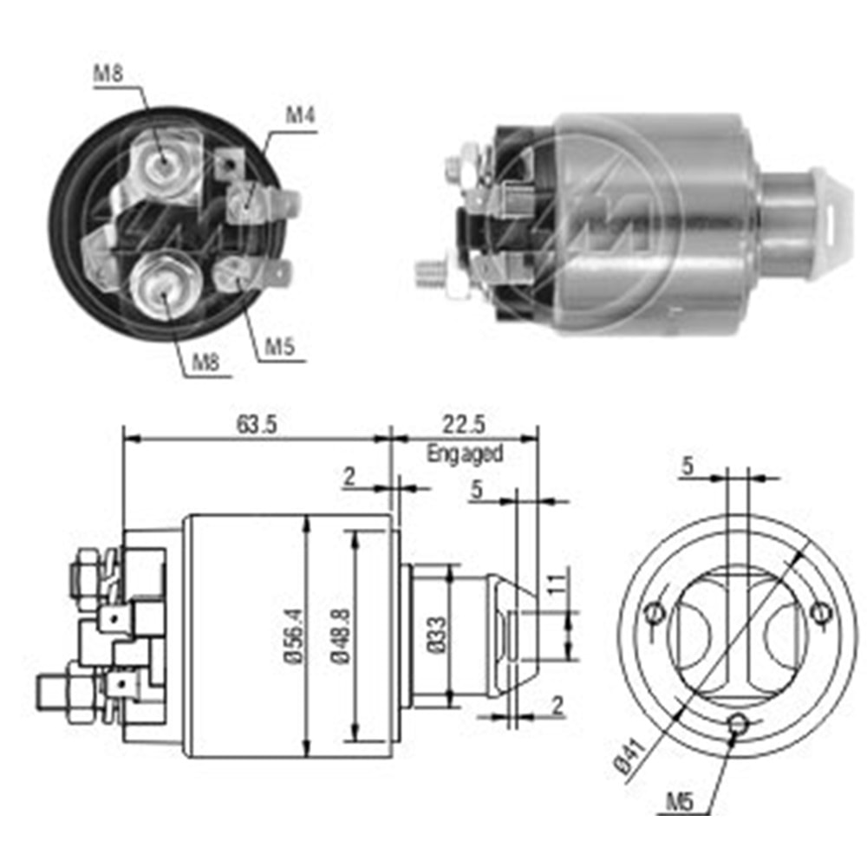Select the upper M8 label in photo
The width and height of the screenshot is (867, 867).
click(x=108, y=75)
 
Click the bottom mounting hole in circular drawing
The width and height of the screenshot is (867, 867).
click(x=738, y=722)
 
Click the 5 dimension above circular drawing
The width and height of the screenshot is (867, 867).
click(x=688, y=466)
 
